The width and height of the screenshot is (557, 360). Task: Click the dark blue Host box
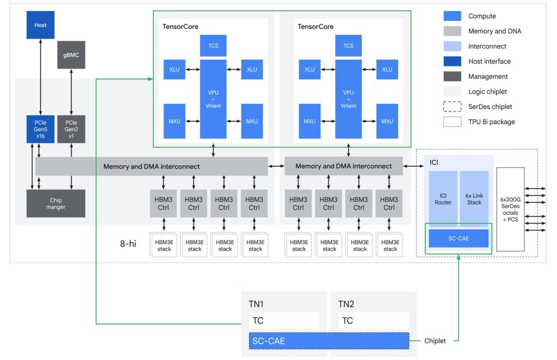click(x=41, y=25)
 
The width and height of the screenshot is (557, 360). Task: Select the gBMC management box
click(x=71, y=55)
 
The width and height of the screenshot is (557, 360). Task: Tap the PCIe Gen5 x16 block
click(x=41, y=129)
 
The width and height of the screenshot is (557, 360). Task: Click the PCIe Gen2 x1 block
click(x=71, y=129)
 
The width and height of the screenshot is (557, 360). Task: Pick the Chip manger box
click(x=56, y=204)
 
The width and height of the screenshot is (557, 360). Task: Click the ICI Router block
click(x=443, y=198)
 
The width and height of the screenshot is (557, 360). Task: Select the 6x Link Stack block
click(x=474, y=198)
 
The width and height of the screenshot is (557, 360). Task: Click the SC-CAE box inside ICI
click(x=459, y=238)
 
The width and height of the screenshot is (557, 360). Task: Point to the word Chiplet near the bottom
click(x=435, y=341)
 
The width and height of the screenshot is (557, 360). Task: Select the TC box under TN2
click(x=373, y=320)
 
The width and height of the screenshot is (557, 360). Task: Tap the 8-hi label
click(x=128, y=244)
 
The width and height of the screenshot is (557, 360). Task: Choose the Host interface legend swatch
click(x=452, y=61)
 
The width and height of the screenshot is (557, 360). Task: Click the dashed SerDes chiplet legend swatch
click(x=452, y=107)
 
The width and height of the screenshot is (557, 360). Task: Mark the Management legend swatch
click(x=452, y=77)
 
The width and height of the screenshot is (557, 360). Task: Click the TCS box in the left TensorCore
click(x=213, y=46)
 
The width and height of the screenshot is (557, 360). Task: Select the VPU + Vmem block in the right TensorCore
click(x=349, y=99)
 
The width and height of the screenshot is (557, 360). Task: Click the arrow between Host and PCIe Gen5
click(x=41, y=77)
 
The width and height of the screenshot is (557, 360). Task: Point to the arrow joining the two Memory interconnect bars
click(x=276, y=166)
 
